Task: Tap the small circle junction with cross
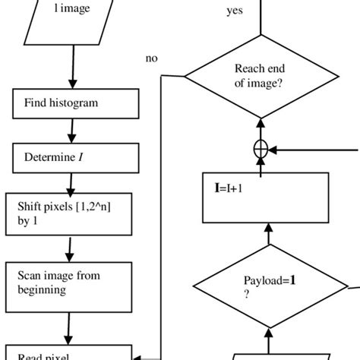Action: (x=261, y=150)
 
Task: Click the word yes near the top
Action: (x=235, y=11)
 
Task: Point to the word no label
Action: (x=151, y=58)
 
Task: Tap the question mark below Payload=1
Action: (x=246, y=296)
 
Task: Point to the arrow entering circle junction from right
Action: (x=304, y=150)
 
